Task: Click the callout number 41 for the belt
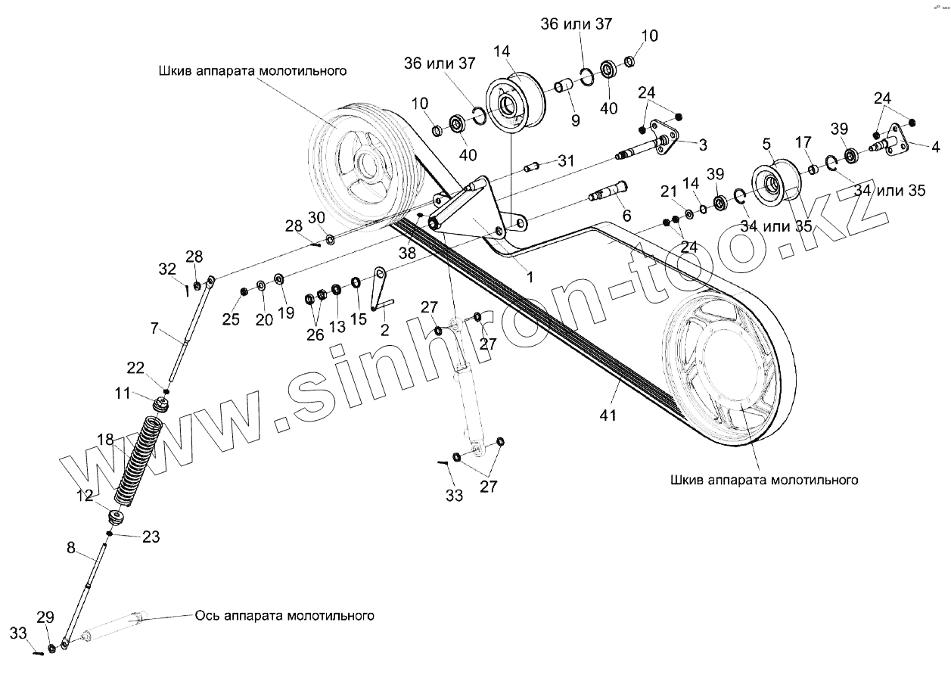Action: pos(608,415)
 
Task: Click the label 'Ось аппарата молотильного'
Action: pos(284,615)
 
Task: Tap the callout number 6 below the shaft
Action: pos(626,216)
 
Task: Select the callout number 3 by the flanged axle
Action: pos(703,144)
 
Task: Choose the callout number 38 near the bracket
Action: pos(407,254)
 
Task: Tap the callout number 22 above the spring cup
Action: pos(135,368)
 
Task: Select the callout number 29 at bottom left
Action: pos(45,617)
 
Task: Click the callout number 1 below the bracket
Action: pos(530,277)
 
